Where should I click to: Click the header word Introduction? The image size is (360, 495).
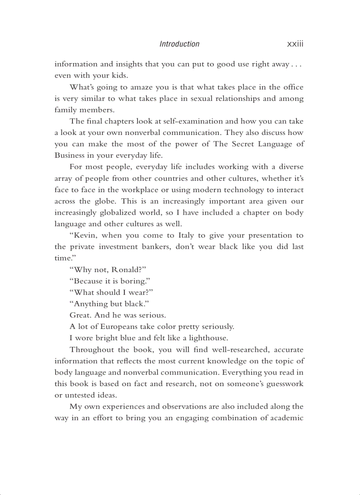coord(179,44)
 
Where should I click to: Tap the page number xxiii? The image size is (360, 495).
coord(295,44)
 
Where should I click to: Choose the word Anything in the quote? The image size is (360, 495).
coord(88,304)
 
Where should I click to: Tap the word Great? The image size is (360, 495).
coord(79,316)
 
